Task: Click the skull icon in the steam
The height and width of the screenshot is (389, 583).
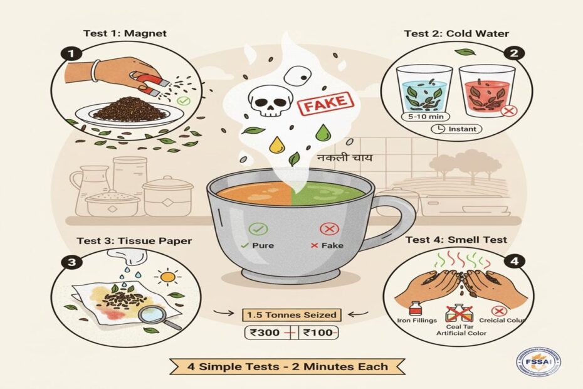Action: point(265,101)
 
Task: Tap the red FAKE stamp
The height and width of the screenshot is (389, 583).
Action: point(324,105)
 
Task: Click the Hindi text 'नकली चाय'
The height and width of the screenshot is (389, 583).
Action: point(344,157)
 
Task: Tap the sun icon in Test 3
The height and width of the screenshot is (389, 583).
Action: point(170,277)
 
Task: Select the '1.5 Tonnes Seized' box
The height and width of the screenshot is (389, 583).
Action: point(291,314)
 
